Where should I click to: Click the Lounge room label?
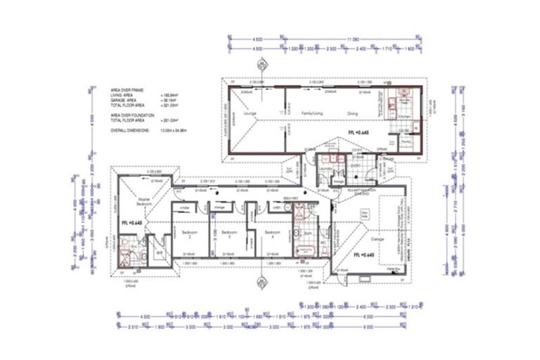coord(247,113)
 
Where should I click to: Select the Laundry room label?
coord(325,169)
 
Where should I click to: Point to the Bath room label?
coord(308,231)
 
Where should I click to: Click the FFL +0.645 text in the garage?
coord(365,252)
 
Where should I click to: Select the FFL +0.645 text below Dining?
coord(359,132)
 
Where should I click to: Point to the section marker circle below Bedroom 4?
coord(261,284)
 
